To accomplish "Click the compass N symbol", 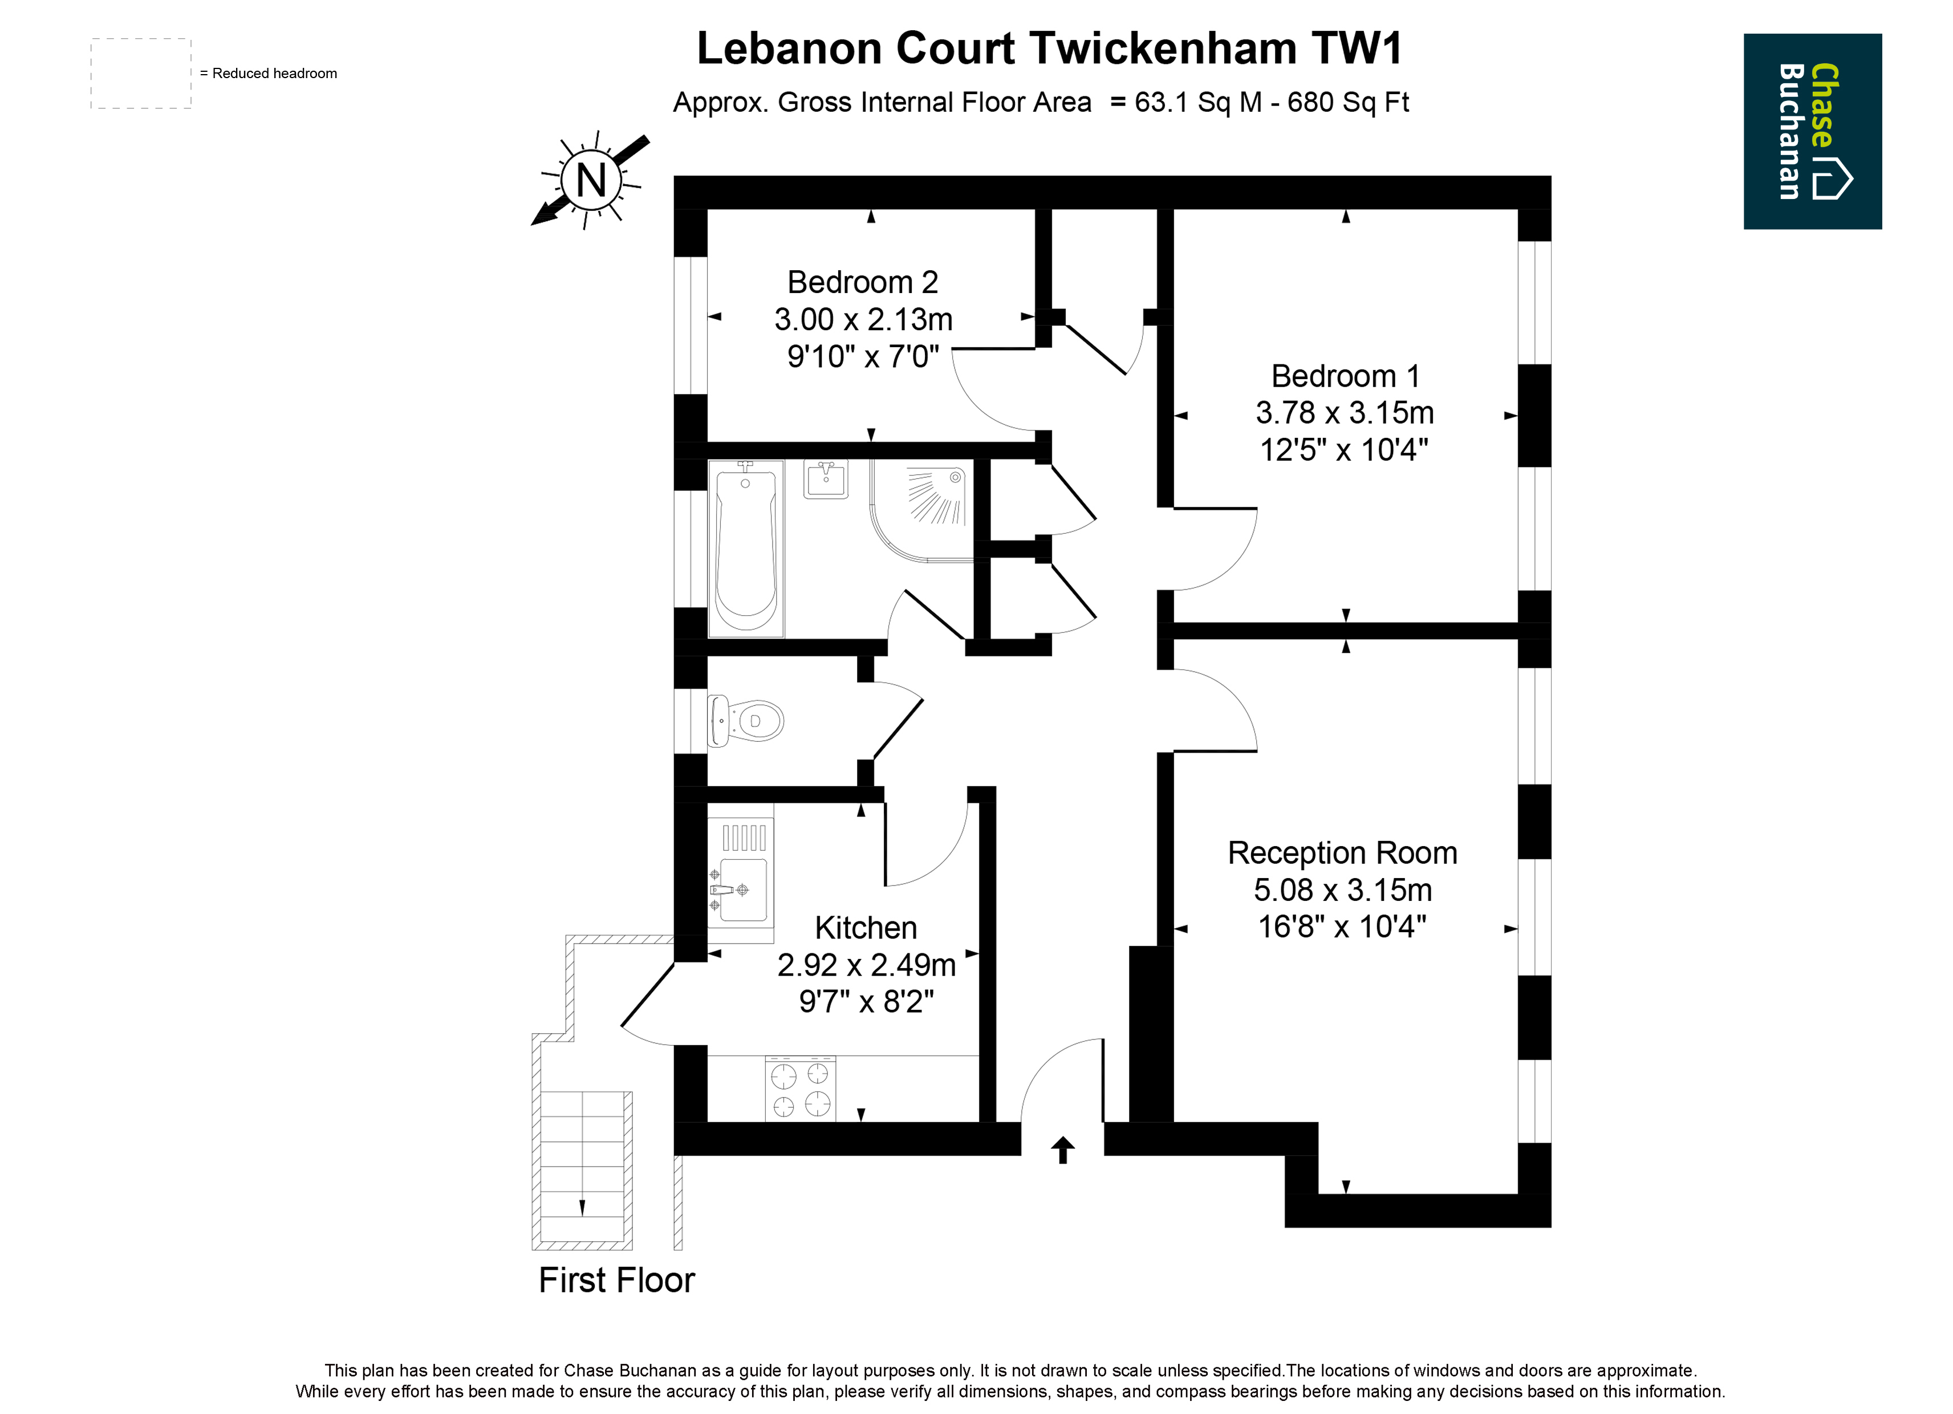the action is click(x=591, y=180).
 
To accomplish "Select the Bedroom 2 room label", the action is click(x=863, y=282).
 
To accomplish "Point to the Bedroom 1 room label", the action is click(x=1345, y=376).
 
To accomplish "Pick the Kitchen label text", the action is click(x=866, y=928).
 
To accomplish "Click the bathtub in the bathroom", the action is click(x=746, y=548).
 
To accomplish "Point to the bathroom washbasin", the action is click(x=825, y=480).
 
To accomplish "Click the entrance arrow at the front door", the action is click(x=1063, y=1149).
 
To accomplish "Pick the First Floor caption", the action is click(x=616, y=1281).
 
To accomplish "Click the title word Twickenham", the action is click(x=1163, y=48).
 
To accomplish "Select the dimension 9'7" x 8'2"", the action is click(x=866, y=1002).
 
